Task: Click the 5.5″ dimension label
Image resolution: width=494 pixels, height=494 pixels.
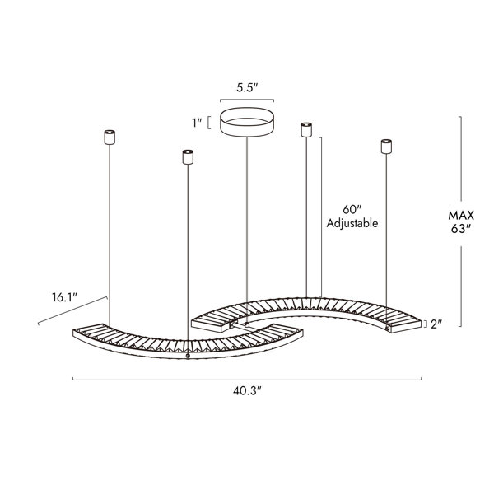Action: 247,88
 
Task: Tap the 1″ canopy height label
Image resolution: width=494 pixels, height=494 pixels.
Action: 198,123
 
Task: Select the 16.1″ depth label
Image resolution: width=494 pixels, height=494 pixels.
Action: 64,297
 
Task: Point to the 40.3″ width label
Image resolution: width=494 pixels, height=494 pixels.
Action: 247,391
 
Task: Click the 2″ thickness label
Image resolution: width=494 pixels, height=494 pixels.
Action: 436,324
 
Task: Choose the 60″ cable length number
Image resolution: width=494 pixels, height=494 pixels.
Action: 352,209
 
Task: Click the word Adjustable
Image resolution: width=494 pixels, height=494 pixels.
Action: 352,223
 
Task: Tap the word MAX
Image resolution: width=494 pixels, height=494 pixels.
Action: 461,216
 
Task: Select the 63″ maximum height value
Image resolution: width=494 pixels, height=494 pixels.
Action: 460,229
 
